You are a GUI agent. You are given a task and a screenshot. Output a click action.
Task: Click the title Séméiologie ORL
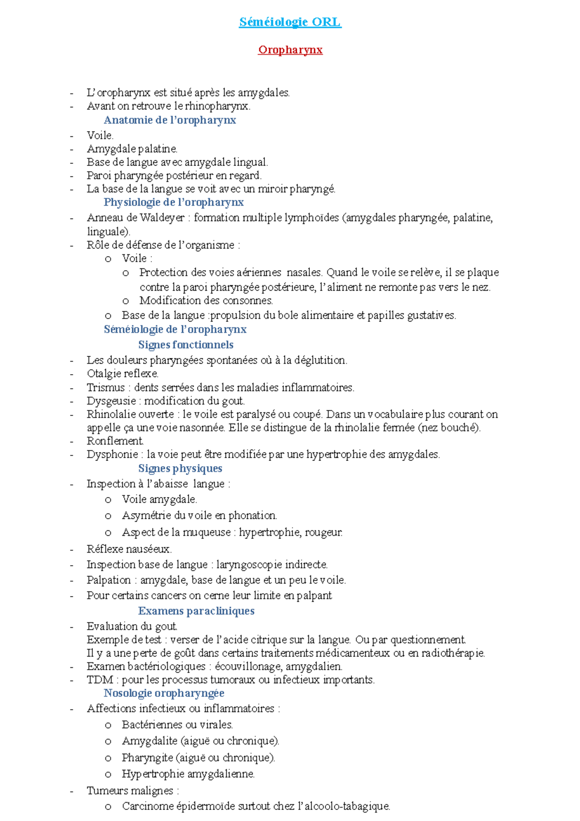coord(290,22)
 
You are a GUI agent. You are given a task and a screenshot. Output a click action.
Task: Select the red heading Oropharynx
coord(290,50)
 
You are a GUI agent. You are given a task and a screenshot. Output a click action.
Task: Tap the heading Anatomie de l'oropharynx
coord(170,120)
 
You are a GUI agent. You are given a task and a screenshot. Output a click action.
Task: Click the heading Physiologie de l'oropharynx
coord(174,202)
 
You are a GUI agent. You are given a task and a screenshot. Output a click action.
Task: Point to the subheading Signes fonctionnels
coord(186,345)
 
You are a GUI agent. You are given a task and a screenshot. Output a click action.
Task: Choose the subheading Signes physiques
coord(180,468)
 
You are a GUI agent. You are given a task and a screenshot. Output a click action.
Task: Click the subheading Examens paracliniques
coord(196,611)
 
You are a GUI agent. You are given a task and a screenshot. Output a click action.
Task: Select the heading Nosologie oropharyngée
coord(164,693)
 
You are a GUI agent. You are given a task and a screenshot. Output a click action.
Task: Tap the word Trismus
coord(106,387)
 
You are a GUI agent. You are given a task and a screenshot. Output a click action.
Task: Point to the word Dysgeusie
coord(111,401)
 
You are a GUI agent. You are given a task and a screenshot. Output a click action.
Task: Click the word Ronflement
coord(115,441)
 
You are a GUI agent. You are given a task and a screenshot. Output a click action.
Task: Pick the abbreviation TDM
coord(100,679)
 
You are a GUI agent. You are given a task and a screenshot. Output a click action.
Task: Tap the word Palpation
coord(109,580)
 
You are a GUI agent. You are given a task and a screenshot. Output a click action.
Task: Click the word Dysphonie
coord(112,454)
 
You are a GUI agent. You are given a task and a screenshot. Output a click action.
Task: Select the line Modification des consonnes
coord(206,300)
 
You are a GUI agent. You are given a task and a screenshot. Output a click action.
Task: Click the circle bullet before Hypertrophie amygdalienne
coord(108,775)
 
